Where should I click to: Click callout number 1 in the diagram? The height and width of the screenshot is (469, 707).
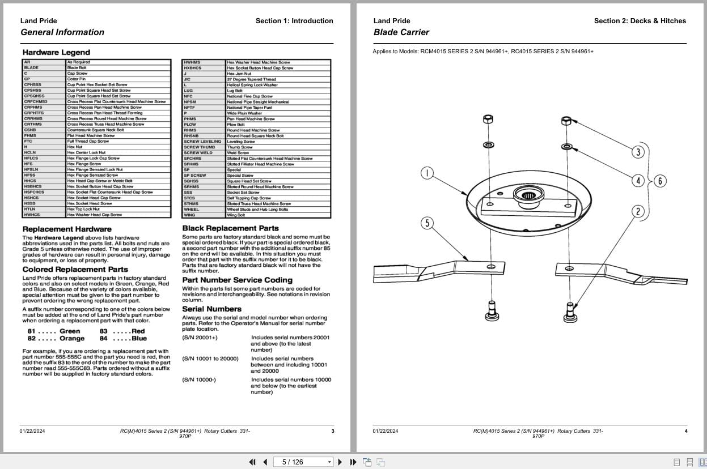point(427,173)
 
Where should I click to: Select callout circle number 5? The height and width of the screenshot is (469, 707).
point(427,223)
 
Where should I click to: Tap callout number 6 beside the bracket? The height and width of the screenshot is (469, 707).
point(660,181)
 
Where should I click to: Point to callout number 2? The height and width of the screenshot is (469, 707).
point(638,212)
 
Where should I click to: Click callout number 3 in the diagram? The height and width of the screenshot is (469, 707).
point(638,152)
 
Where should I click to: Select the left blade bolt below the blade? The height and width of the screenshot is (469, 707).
point(491,310)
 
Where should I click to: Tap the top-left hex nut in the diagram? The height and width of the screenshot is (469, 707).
point(488,120)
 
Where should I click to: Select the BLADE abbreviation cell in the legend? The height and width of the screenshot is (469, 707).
point(32,68)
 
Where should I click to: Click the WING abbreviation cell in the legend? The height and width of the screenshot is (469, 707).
point(189,215)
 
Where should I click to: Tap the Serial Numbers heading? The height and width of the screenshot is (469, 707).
point(211,309)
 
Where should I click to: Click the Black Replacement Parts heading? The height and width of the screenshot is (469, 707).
point(230,228)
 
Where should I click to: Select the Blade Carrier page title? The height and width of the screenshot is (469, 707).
point(401,32)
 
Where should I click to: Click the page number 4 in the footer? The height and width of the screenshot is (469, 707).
point(685,431)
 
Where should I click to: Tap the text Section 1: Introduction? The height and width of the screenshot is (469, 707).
point(294,21)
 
